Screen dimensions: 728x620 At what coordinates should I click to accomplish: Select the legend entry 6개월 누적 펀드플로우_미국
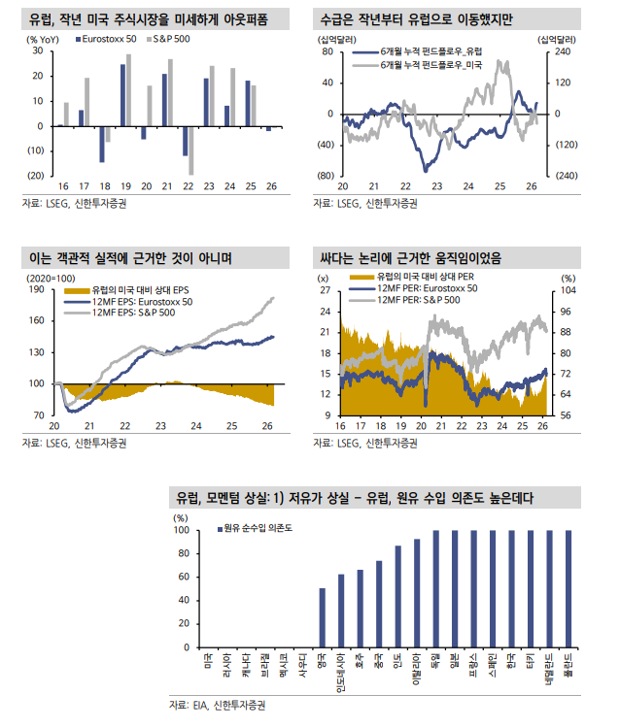[432, 64]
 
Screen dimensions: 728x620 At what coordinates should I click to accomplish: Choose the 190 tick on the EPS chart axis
[36, 289]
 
